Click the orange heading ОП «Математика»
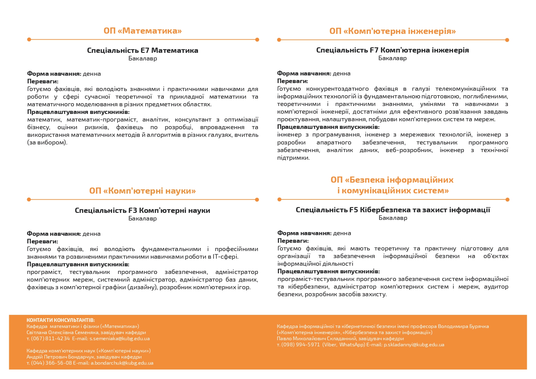(x=143, y=31)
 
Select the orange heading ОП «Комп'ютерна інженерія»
(x=392, y=31)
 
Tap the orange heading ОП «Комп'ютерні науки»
(x=142, y=191)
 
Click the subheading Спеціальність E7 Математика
(x=142, y=50)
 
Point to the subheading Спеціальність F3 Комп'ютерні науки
(x=142, y=210)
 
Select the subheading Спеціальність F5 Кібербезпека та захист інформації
(x=393, y=210)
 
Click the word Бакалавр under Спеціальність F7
(x=392, y=58)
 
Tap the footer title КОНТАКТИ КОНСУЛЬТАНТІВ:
(x=61, y=320)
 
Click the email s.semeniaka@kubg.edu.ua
(x=119, y=338)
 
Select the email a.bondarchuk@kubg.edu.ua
(x=122, y=363)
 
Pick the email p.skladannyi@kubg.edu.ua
(x=414, y=344)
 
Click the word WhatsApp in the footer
(x=351, y=344)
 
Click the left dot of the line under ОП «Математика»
(x=29, y=39)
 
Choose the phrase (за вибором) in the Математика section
(x=47, y=143)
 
